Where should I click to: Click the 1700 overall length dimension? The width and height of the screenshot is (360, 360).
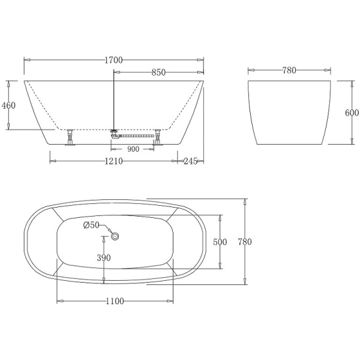coord(113,59)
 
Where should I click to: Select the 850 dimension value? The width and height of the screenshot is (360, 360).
coord(158,73)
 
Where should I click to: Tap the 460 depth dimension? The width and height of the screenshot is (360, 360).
coord(8,105)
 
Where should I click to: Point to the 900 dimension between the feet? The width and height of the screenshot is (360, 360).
coord(133,148)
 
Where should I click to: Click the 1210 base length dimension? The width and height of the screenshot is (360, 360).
coord(113,161)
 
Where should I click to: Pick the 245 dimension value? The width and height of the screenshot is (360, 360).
coord(191,161)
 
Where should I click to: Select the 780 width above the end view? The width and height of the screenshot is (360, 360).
coord(289,70)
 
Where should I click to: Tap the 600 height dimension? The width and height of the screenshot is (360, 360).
coord(352,112)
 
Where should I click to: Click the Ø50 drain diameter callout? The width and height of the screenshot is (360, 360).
coord(91,224)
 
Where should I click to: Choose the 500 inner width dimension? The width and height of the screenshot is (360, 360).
coord(220,242)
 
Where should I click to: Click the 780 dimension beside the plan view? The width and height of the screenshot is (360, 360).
coord(244,242)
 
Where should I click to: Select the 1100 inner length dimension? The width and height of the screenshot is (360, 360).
coord(113,301)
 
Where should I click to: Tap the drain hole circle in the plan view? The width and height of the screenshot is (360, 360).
coord(116,237)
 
